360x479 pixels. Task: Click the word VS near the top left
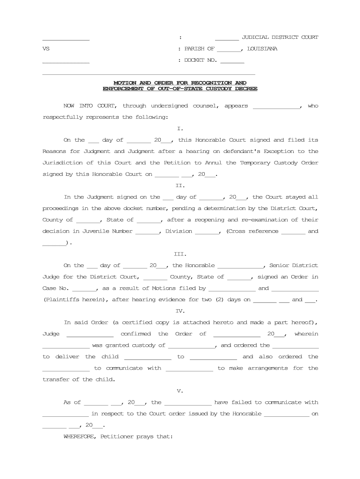point(46,49)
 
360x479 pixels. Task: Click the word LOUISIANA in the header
point(262,49)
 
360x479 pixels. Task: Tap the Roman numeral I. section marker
point(180,128)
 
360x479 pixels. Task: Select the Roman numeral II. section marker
point(180,185)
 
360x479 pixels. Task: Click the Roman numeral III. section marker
point(180,254)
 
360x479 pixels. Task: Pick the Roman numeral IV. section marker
point(180,311)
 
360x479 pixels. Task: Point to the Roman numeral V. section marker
point(180,391)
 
